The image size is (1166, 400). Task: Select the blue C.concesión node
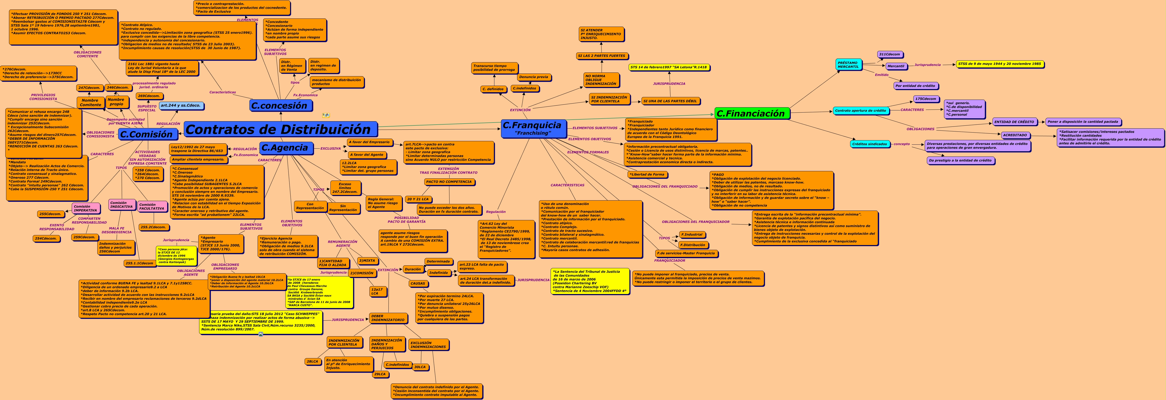[x=280, y=105]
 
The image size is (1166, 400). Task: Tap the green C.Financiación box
[x=752, y=114]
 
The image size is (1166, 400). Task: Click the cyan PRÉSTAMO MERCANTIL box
[x=848, y=65]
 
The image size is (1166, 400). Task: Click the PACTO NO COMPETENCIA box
[x=449, y=182]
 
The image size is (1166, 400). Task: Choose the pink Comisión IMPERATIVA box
[x=85, y=208]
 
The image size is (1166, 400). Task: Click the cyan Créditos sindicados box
[x=870, y=144]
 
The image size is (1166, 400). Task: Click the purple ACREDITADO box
[x=1015, y=135]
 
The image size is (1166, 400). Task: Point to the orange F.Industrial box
[x=692, y=235]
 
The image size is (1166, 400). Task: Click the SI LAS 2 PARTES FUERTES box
[x=601, y=56]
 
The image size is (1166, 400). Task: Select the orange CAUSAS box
[x=418, y=284]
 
